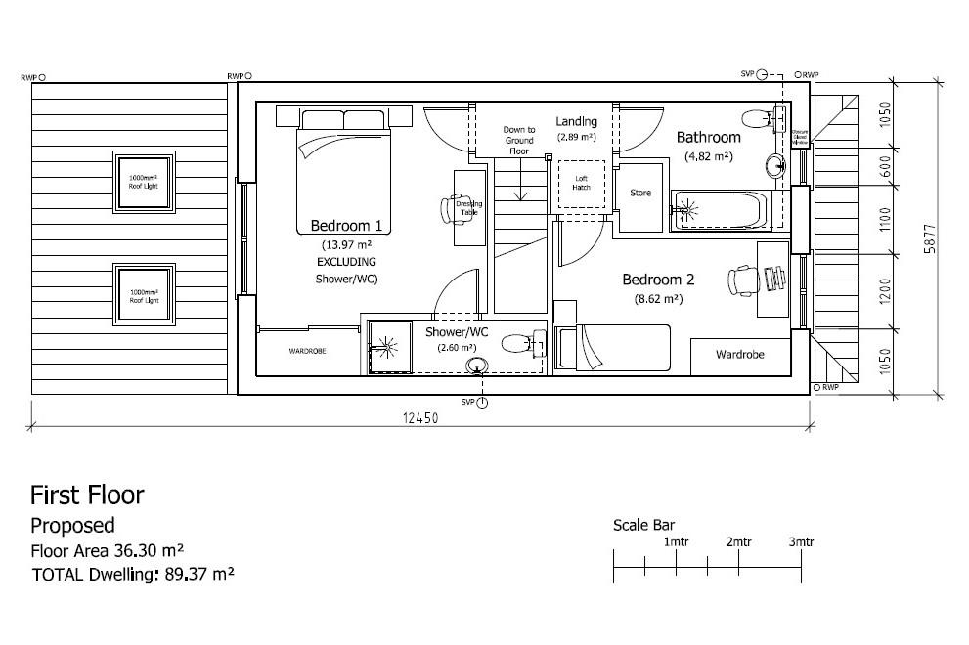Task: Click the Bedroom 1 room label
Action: pos(346,226)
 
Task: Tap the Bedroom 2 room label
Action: pos(658,279)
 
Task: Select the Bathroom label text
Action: pos(709,138)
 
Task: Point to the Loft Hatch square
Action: pos(581,183)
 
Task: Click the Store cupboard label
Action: pos(640,193)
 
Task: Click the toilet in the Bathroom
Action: pos(759,119)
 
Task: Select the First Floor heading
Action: pos(87,494)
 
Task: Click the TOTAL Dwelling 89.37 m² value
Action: pos(195,574)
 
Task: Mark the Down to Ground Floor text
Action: pos(518,141)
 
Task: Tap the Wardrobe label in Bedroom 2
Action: pos(739,354)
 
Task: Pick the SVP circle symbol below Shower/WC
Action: pos(482,403)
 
